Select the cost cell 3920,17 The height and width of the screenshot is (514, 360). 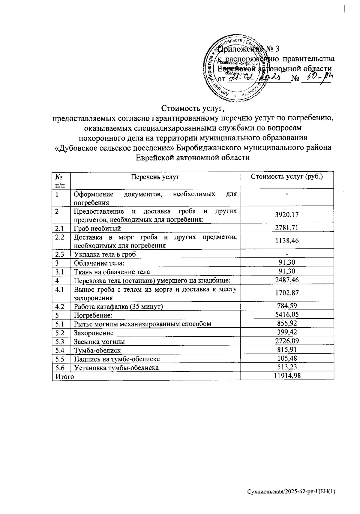point(287,215)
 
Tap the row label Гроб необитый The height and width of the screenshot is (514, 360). point(97,229)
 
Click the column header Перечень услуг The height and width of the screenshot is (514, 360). point(155,177)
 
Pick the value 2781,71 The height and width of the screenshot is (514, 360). point(287,228)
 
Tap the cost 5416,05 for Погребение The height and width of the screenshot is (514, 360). point(287,314)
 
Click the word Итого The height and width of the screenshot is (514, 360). point(63,376)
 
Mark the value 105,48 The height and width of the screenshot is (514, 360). point(287,358)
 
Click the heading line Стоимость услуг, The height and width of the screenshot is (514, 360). point(193,107)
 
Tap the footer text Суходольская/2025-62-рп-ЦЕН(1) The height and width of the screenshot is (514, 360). point(291,491)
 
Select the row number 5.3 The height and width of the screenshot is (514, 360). point(60,341)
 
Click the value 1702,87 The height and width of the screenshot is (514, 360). point(287,293)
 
